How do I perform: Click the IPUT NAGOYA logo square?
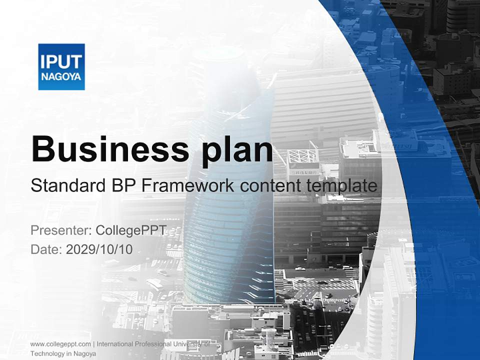click(61, 66)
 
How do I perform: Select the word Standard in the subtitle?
click(66, 186)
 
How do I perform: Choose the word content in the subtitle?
click(270, 186)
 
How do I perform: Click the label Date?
click(46, 249)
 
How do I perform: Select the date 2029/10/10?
click(99, 249)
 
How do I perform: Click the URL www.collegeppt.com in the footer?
click(60, 344)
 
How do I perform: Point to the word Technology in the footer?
click(47, 353)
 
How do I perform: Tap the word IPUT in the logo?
click(61, 61)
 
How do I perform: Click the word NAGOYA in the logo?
click(61, 77)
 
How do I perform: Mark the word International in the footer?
click(116, 344)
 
